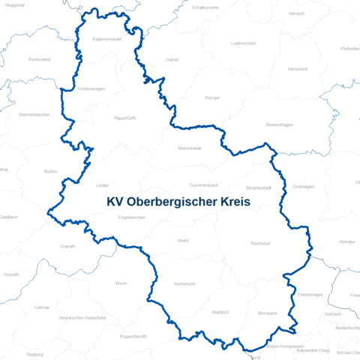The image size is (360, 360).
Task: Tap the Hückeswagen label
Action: [x=91, y=88]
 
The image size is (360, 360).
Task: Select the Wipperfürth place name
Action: [x=125, y=118]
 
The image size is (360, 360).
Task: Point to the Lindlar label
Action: [x=103, y=184]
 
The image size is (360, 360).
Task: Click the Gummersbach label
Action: [x=203, y=184]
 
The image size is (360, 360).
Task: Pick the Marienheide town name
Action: [x=190, y=148]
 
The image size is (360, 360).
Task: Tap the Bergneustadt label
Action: [x=259, y=187]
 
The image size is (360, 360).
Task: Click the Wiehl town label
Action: [x=183, y=241]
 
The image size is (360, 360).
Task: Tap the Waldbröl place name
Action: [x=220, y=311]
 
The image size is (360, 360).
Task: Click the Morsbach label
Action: [x=267, y=313]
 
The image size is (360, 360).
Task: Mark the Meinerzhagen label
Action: [x=280, y=125]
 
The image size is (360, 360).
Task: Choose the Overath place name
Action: [x=67, y=246]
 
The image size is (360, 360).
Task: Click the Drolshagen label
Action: [x=303, y=187]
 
